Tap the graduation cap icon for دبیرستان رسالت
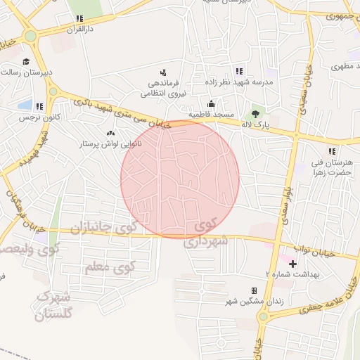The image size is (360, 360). (26, 62)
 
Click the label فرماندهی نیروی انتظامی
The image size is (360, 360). (163, 87)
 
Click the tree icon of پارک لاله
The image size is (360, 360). (255, 114)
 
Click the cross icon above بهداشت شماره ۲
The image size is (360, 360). (293, 264)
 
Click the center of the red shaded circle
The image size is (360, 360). (180, 179)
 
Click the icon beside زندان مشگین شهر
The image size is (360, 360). (254, 290)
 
